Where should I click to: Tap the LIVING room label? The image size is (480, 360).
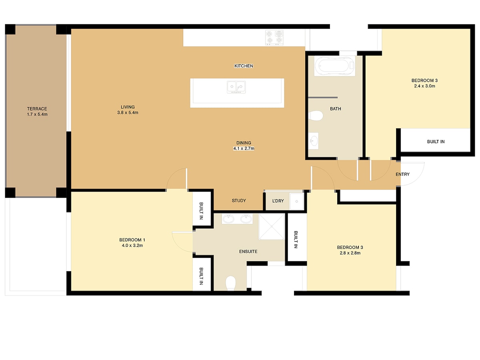(x=128, y=107)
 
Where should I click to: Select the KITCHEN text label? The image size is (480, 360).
(x=244, y=66)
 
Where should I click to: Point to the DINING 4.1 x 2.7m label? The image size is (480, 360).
(x=244, y=146)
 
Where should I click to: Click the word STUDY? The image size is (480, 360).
(x=239, y=200)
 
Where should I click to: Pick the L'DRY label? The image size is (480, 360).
(x=278, y=201)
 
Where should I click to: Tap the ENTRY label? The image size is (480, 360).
(x=402, y=174)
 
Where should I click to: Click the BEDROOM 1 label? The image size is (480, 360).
(x=132, y=240)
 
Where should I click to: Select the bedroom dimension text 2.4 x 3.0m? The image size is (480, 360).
(x=424, y=86)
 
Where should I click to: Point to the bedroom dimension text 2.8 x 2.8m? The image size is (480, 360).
(x=350, y=253)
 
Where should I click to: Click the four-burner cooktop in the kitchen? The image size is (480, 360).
(x=274, y=38)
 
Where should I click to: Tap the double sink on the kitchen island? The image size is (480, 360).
(x=236, y=87)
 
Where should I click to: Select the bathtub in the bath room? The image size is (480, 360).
(x=334, y=66)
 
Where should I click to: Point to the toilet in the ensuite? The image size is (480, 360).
(x=230, y=283)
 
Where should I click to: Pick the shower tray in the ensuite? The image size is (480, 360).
(x=272, y=227)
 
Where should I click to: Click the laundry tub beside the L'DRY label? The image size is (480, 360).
(x=296, y=201)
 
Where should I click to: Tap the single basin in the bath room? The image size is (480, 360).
(x=313, y=141)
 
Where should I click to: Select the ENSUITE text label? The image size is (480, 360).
(x=248, y=252)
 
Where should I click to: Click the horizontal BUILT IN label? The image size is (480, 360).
(x=436, y=142)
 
